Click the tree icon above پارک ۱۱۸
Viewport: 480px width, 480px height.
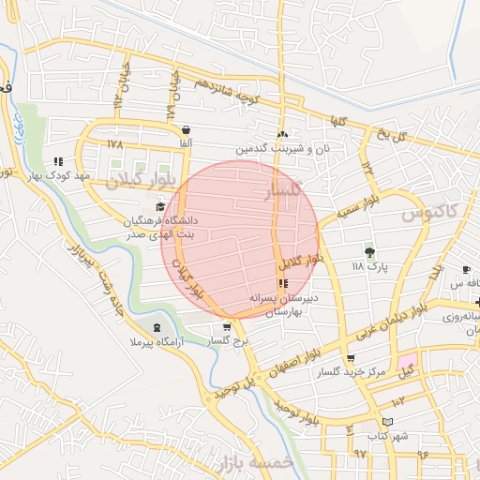point(369,251)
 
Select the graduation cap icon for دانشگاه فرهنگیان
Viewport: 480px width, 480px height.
point(159,208)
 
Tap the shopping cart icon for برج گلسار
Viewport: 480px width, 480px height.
point(226,328)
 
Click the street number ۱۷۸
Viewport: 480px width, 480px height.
point(115,144)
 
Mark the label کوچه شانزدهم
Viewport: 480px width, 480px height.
point(235,90)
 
